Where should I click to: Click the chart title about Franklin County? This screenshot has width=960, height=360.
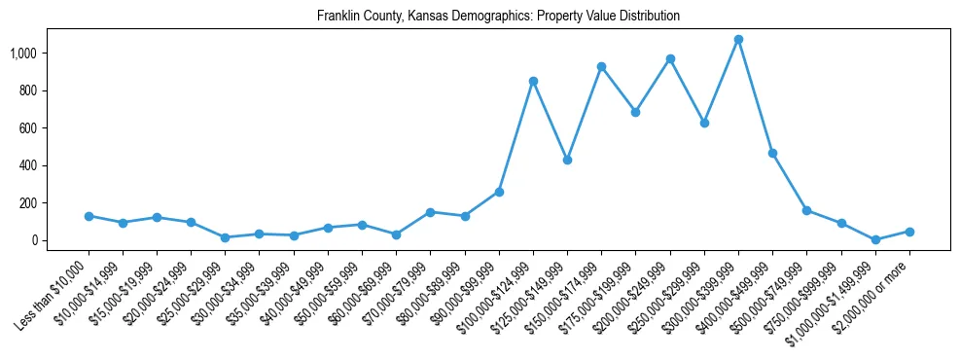pos(497,17)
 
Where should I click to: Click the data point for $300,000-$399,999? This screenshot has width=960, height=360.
pos(738,40)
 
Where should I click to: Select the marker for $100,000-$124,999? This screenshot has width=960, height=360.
pos(533,81)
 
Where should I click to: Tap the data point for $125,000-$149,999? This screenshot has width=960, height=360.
pos(567,160)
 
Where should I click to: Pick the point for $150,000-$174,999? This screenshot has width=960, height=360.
pos(601,67)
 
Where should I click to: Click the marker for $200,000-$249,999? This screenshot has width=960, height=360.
pos(670,59)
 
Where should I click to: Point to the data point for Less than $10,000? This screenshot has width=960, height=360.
pos(89,216)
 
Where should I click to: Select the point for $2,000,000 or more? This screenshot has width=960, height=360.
pos(909,232)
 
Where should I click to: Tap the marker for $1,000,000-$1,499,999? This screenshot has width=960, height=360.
pos(875,239)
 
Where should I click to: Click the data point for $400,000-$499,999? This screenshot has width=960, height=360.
pos(772,154)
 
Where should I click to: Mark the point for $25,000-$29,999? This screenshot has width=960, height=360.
pos(225,237)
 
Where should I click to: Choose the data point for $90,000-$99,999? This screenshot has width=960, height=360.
pos(499,192)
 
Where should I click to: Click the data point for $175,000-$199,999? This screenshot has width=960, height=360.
pos(635,112)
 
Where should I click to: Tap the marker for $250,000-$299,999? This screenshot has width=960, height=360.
pos(704,123)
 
